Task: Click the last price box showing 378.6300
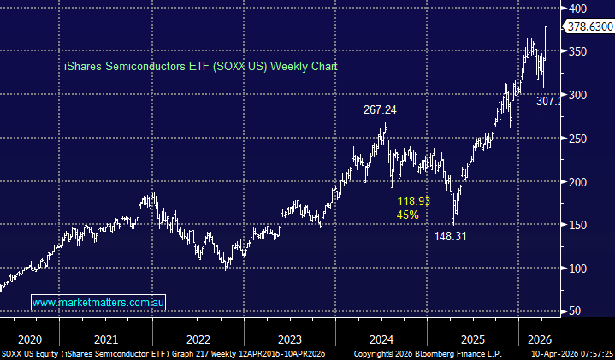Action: pyautogui.click(x=590, y=27)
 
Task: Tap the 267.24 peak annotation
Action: pyautogui.click(x=377, y=109)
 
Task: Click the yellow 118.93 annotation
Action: pyautogui.click(x=413, y=201)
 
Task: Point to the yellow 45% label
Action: pyautogui.click(x=407, y=215)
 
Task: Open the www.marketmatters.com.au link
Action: pyautogui.click(x=98, y=302)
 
